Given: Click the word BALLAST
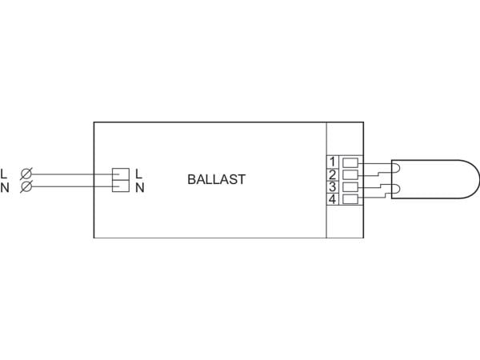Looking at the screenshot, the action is [217, 179].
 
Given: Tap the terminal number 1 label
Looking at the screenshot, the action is [333, 162].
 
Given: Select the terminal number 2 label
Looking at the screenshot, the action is [333, 174].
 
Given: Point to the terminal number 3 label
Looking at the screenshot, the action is [333, 186].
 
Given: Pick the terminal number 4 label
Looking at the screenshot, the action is [333, 199].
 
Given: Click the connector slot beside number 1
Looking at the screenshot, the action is [350, 162].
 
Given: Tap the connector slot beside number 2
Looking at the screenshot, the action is [350, 174].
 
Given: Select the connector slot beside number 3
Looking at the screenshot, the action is [350, 186].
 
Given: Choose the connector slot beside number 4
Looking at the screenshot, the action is [350, 199].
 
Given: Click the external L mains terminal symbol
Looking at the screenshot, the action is [26, 174].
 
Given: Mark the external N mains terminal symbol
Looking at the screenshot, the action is [26, 186].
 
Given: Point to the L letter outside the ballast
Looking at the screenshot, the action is [4, 174].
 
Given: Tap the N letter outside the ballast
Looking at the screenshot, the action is [5, 188].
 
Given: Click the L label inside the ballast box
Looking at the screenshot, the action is [138, 174].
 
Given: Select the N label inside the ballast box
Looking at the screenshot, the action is [139, 187].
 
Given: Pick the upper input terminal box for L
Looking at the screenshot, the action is [121, 174].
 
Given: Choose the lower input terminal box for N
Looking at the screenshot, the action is [121, 186].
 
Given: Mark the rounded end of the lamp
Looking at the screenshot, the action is [478, 179].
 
